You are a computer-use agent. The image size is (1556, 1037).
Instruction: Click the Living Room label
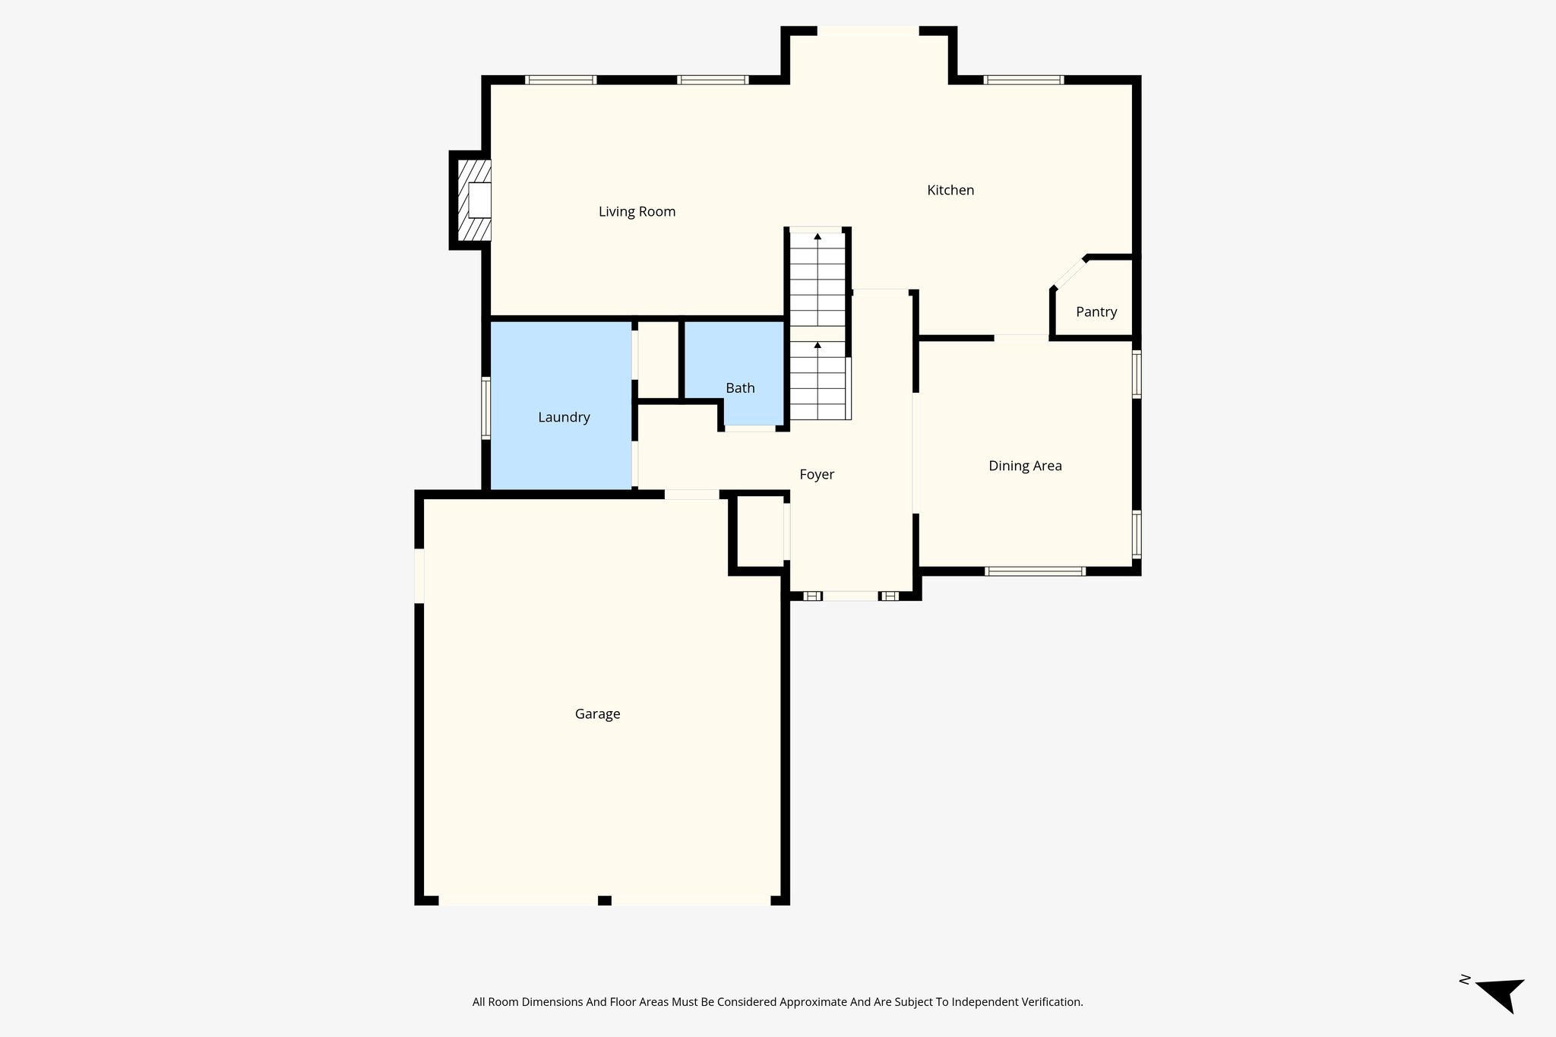tap(637, 212)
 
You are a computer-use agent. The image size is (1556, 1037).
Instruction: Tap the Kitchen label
tap(950, 191)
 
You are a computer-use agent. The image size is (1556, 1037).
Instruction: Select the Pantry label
tap(1096, 312)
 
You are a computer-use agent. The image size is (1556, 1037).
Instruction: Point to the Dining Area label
tap(1025, 466)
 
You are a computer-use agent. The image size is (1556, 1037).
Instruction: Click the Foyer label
tap(817, 475)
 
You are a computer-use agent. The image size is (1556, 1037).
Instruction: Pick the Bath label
tap(740, 388)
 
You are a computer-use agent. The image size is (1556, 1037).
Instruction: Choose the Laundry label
tap(564, 417)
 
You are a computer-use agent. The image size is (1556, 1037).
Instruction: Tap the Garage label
tap(597, 714)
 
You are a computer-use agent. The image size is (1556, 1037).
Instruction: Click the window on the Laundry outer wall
tap(485, 408)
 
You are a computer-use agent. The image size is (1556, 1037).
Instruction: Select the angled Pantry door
tap(1069, 273)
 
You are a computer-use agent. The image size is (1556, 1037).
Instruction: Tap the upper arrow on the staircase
tap(818, 236)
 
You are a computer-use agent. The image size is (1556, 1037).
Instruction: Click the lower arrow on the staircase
tap(818, 345)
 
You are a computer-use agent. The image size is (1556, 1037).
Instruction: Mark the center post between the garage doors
tap(604, 900)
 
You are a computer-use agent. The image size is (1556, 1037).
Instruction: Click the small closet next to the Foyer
tap(760, 532)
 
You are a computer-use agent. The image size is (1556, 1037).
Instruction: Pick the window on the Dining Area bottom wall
tap(1034, 571)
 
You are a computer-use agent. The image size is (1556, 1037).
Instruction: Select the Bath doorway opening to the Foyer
tap(749, 429)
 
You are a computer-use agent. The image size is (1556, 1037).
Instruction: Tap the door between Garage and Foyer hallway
tap(691, 495)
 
